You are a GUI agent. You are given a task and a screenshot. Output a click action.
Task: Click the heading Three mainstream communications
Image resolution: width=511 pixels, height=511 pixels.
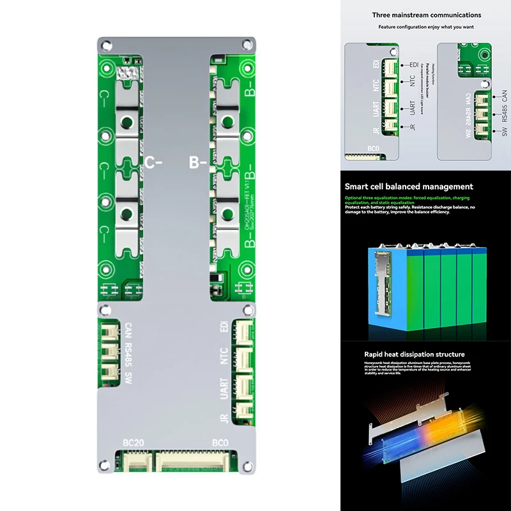[x=427, y=15]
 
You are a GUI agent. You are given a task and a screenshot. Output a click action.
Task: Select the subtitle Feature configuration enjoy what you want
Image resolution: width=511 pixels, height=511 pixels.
[x=427, y=27]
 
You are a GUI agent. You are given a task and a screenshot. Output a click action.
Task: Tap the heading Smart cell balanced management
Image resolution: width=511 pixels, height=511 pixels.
[x=409, y=187]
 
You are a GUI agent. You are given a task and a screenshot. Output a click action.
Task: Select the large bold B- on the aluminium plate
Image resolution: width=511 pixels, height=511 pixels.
[x=199, y=162]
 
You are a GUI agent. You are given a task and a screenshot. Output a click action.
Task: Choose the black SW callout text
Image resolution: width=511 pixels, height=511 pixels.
[x=505, y=131]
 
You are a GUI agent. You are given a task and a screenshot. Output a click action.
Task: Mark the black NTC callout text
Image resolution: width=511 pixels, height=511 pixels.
[x=413, y=81]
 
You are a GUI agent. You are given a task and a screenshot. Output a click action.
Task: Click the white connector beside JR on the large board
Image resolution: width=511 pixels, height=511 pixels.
[x=244, y=411]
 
